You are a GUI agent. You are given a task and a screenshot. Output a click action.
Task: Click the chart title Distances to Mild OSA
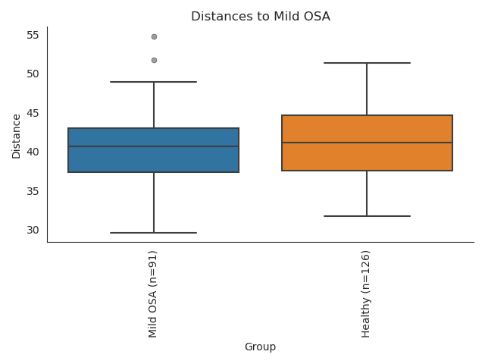pyautogui.click(x=260, y=16)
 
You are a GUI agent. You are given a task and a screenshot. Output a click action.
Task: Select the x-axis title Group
pyautogui.click(x=260, y=347)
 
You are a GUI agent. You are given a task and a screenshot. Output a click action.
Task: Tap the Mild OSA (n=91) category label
pyautogui.click(x=153, y=293)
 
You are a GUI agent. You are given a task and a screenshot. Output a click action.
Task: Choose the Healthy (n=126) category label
pyautogui.click(x=366, y=293)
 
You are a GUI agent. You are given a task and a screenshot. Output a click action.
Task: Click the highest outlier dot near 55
pyautogui.click(x=154, y=36)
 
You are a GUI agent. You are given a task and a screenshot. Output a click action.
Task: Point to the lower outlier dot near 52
pyautogui.click(x=154, y=60)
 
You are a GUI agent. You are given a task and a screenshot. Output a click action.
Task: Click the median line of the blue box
pyautogui.click(x=153, y=146)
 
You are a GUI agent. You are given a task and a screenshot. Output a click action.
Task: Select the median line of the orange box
pyautogui.click(x=367, y=143)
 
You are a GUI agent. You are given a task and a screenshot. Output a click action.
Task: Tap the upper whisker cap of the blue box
pyautogui.click(x=153, y=82)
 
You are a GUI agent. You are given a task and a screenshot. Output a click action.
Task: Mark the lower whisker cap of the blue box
pyautogui.click(x=153, y=233)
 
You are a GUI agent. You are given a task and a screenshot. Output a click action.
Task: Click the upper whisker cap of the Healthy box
pyautogui.click(x=367, y=63)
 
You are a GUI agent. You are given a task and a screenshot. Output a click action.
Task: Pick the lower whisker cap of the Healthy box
pyautogui.click(x=367, y=216)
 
